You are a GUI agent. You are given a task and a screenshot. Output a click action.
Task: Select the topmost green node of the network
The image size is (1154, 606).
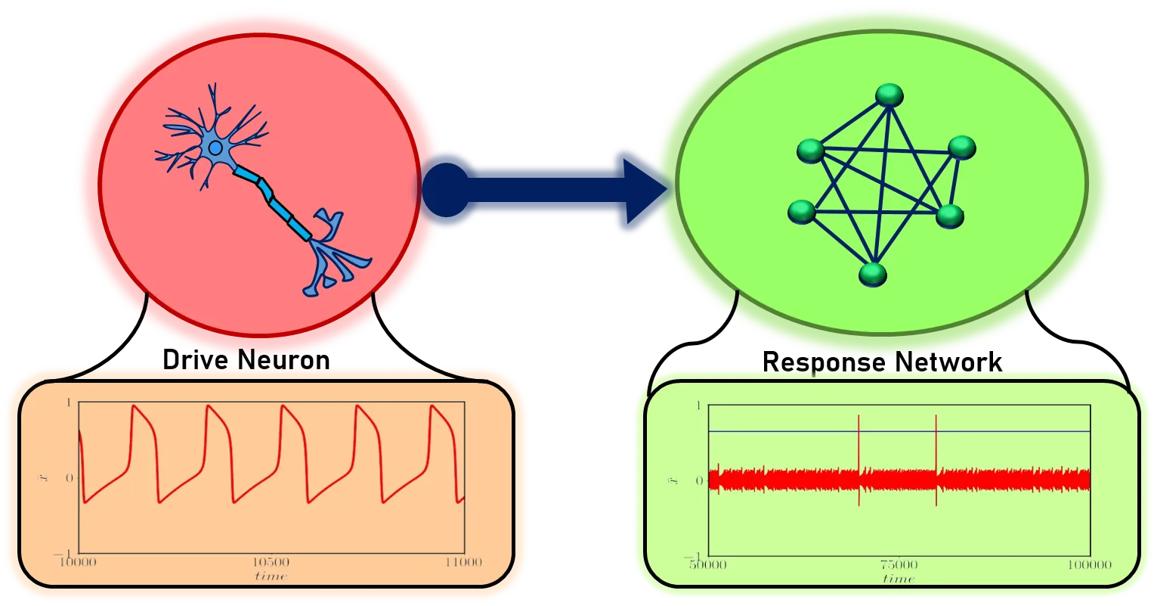(890, 95)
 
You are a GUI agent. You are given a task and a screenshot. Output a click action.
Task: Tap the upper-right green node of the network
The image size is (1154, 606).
(962, 147)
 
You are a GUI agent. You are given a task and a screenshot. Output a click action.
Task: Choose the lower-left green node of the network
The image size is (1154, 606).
(802, 212)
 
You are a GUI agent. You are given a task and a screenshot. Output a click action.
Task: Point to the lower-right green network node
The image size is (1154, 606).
(950, 216)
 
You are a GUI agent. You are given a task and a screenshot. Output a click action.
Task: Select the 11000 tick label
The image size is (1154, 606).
(463, 563)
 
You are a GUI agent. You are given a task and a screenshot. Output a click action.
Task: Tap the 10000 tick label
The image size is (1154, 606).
(79, 563)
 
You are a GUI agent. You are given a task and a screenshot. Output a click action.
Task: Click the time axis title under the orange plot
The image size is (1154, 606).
(271, 576)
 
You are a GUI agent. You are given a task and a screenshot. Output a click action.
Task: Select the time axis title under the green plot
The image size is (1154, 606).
(899, 580)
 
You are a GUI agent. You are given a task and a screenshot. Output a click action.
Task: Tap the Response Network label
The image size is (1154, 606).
(882, 363)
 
